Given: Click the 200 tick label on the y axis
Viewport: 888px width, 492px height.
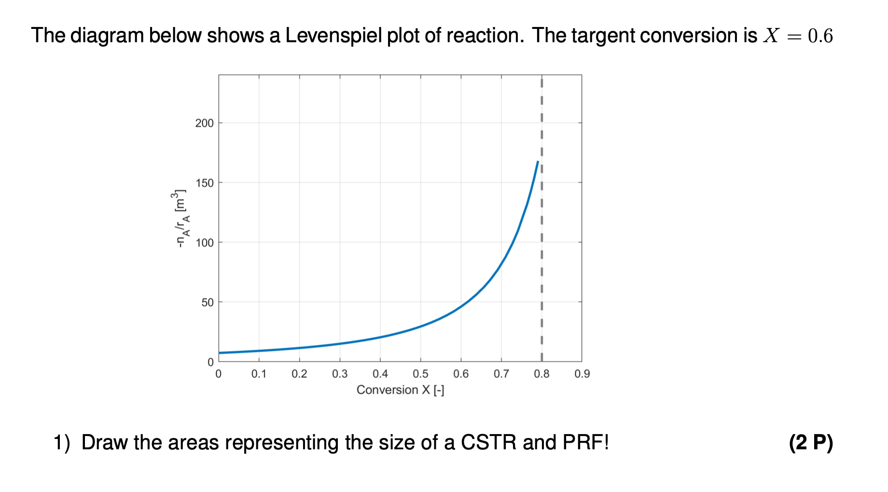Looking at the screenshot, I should pos(204,123).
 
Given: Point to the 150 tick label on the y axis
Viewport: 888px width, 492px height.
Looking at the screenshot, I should pos(204,183).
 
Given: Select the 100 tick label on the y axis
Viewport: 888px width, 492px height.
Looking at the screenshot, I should pos(204,243).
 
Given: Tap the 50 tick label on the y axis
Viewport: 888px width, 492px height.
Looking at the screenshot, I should pos(207,302).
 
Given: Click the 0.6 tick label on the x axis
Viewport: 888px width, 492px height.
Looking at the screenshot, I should pos(461,374).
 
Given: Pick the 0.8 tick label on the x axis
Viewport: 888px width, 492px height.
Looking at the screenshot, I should pos(541,374).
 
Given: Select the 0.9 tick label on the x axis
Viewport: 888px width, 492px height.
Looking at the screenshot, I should pos(582,374).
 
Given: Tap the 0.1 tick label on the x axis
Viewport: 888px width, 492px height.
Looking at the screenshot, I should pos(259,374).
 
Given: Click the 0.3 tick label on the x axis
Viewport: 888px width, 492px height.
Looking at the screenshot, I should pos(340,374).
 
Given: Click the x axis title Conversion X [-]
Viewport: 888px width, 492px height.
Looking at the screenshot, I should pos(400,390).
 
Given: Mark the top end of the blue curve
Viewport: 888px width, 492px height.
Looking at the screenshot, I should pos(538,162).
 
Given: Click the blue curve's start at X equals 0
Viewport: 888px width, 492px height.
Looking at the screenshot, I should pos(220,353).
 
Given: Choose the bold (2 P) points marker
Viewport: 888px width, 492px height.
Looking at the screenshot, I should pos(811,442).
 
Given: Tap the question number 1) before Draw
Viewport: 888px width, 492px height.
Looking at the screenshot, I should pos(62,442).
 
